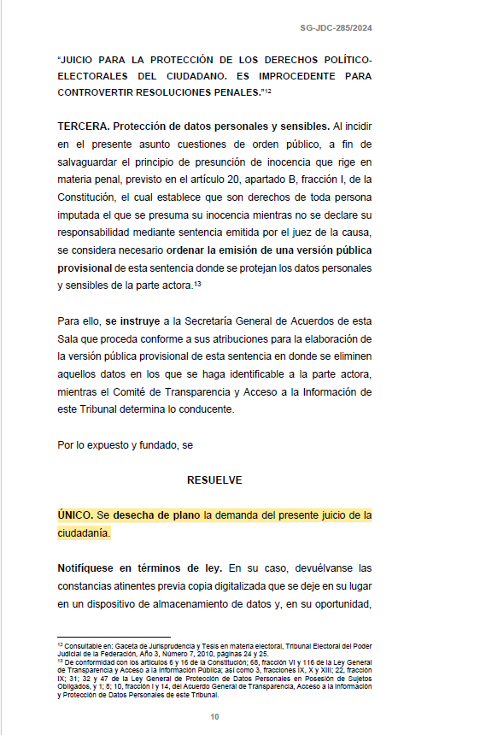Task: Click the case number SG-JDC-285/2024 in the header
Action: click(x=336, y=28)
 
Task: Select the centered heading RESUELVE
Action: click(x=214, y=480)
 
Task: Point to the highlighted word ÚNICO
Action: click(x=75, y=515)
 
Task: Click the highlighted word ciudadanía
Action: click(x=84, y=533)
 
